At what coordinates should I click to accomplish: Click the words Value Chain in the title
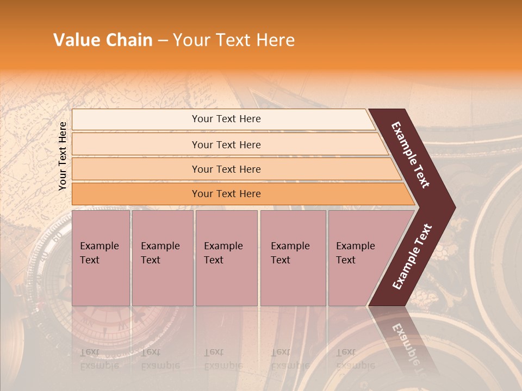coord(103,40)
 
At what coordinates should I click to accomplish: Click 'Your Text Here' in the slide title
coord(234,40)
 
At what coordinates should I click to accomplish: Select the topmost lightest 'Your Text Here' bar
coord(226,119)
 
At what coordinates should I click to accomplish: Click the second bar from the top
coord(226,144)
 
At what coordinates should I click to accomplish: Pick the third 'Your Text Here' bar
coord(226,169)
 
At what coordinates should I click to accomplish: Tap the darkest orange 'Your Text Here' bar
coord(226,194)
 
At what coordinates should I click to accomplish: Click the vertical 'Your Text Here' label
coord(63,156)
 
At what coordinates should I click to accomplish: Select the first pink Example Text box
coord(101,258)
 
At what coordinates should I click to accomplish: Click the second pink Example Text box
coord(162,258)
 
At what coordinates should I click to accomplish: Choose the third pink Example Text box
coord(226,258)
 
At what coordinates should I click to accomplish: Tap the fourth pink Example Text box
coord(293,258)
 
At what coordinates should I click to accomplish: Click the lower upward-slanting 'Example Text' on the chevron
coord(412,257)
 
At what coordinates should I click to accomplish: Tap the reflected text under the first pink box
coord(99,359)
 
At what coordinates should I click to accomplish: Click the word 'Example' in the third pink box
coord(223,246)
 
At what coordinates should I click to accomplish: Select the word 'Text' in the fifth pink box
coord(345,260)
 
